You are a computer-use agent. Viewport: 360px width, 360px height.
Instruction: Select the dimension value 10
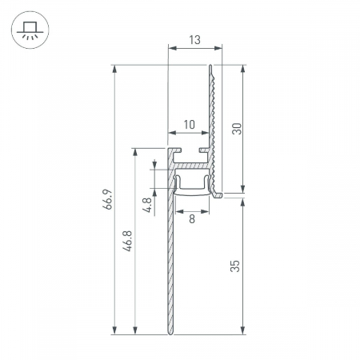pos(189,124)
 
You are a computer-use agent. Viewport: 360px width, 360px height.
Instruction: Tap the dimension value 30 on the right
pos(237,129)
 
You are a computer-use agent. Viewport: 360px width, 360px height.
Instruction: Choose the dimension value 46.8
pos(128,240)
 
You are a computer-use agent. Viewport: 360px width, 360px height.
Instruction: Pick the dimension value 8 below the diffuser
pos(192,218)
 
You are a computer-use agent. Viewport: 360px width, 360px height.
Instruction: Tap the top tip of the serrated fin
pos(212,66)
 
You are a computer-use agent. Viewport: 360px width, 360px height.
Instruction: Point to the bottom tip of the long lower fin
pos(170,331)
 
